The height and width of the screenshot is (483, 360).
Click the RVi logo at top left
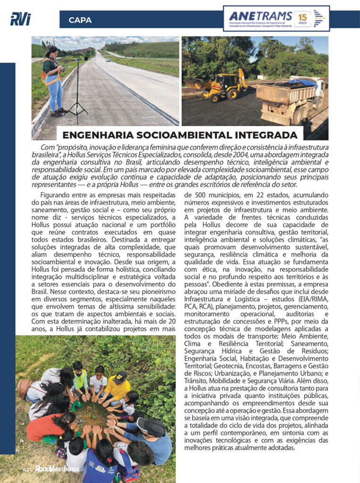20,19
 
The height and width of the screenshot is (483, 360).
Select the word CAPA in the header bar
80,20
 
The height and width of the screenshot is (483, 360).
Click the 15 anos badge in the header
302,19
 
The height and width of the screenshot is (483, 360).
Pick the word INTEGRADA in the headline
268,134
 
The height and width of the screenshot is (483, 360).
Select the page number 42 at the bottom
26,470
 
